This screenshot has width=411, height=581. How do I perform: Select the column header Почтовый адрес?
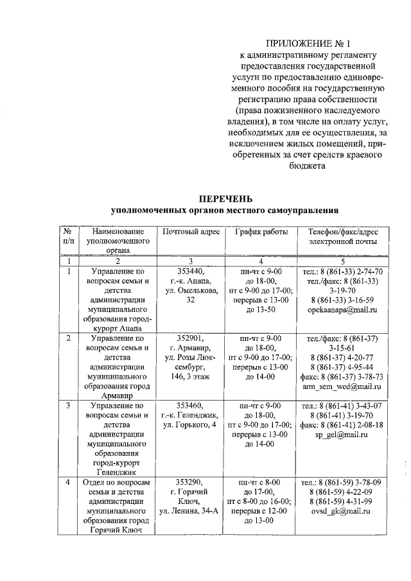191,231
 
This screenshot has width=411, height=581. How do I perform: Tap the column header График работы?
261,231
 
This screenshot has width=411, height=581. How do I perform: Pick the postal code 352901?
191,338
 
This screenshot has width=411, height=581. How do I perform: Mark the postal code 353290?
191,481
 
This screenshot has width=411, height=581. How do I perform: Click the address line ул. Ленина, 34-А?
191,511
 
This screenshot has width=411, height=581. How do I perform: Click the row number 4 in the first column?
69,481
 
